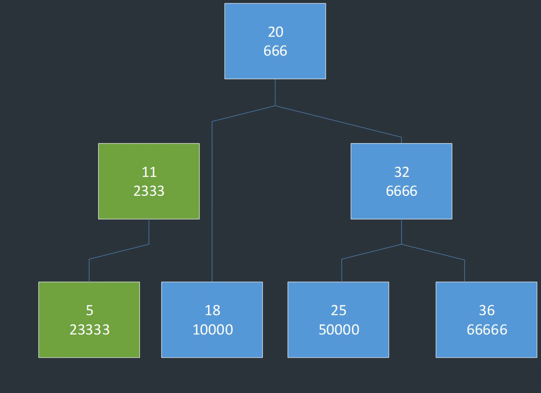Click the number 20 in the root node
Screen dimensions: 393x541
275,32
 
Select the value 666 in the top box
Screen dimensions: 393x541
275,51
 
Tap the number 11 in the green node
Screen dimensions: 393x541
149,172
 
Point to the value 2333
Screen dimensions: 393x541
149,191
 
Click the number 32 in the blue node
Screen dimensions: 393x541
402,172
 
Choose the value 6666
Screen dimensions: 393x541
402,191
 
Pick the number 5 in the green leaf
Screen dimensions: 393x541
90,310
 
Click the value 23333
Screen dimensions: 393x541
90,330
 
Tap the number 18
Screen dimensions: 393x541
212,310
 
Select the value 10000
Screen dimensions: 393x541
212,330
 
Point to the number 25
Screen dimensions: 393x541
339,310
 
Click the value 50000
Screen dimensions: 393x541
339,330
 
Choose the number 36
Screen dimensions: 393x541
487,310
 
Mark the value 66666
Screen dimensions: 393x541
487,330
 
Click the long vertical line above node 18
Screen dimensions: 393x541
212,203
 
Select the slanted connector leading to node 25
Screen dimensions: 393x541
372,252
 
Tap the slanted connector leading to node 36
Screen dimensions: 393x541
433,252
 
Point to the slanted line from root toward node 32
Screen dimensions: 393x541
339,122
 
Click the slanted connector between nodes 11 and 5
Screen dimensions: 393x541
119,252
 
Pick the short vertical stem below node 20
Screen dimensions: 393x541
275,92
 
